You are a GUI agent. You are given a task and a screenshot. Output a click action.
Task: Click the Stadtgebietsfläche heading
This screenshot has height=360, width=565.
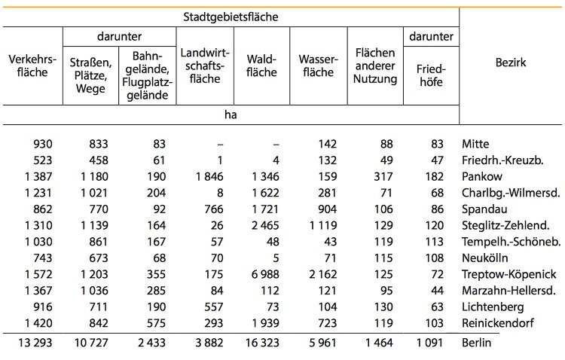click(x=231, y=17)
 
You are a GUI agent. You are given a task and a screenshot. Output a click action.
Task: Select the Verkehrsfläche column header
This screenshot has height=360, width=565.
click(x=32, y=66)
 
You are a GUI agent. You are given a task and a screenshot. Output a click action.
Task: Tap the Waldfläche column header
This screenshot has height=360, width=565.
click(x=261, y=66)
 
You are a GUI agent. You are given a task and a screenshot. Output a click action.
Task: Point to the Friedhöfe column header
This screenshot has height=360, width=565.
click(x=431, y=75)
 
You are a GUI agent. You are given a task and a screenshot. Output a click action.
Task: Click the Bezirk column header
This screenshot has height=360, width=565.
click(x=511, y=63)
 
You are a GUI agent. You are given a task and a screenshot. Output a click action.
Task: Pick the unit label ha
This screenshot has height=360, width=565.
click(x=231, y=114)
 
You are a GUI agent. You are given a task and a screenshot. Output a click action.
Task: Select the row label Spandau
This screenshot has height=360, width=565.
click(x=484, y=209)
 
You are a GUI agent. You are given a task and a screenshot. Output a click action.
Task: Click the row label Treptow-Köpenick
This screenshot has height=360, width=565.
click(x=508, y=274)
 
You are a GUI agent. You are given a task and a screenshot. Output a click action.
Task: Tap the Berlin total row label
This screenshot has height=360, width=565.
click(x=476, y=343)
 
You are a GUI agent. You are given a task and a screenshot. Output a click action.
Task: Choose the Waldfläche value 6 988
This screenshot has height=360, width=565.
click(x=265, y=274)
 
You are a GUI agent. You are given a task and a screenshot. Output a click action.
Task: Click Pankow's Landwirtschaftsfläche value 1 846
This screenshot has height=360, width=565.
click(x=209, y=176)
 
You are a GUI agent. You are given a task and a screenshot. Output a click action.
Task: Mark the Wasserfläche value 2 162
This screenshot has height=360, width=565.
click(x=323, y=274)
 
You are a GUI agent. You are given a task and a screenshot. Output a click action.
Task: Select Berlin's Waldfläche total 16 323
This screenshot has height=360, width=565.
click(x=262, y=343)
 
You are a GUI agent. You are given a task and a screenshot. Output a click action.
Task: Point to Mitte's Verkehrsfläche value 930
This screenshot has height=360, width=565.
click(x=43, y=144)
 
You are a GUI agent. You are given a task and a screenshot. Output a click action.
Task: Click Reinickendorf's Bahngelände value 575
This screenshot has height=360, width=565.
click(x=156, y=323)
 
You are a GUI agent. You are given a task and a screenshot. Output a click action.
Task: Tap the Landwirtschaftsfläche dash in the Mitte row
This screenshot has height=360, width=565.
click(x=220, y=145)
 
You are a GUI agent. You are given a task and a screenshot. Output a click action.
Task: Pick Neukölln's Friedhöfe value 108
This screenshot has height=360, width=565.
click(x=434, y=258)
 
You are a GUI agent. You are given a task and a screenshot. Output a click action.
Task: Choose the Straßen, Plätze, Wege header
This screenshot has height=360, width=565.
click(x=90, y=75)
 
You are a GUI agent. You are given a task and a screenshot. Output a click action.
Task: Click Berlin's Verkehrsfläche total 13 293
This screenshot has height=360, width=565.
click(x=35, y=343)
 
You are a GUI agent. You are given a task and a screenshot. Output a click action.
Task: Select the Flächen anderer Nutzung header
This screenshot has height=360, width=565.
click(x=375, y=66)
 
